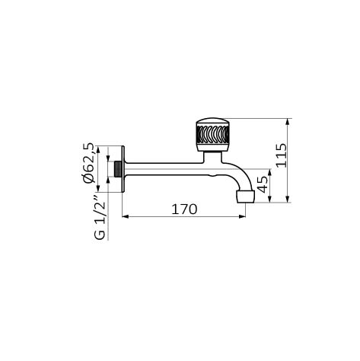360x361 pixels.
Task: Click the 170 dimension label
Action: point(184,209)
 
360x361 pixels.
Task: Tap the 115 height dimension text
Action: point(281,155)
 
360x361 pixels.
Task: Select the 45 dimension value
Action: point(263,184)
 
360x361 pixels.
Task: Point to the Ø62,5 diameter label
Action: point(88,163)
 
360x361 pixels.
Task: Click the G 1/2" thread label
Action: point(99,217)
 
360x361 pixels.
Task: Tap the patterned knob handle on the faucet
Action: point(213,135)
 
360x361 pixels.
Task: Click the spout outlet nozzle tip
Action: point(245,196)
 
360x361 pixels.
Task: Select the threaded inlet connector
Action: point(118,169)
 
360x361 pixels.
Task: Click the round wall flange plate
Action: point(123,169)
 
